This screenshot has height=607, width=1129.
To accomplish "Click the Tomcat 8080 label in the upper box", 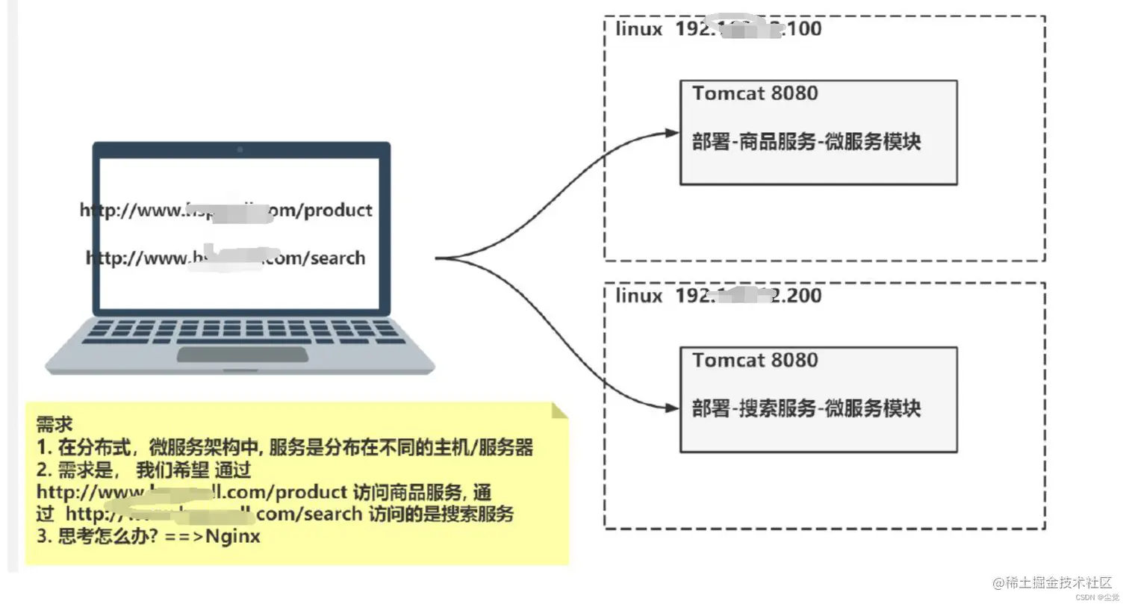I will [755, 93].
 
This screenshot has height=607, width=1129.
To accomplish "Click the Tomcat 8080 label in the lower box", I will [755, 360].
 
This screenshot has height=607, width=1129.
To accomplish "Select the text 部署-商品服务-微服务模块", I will [806, 141].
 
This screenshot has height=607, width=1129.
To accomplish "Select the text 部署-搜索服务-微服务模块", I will [806, 408].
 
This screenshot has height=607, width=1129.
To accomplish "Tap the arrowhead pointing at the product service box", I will [672, 133].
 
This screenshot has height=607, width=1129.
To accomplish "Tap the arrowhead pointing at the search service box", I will [672, 408].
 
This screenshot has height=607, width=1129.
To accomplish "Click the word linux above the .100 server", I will [638, 29].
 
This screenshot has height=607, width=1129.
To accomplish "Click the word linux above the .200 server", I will [638, 296].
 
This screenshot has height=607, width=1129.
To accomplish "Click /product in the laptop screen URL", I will [336, 211].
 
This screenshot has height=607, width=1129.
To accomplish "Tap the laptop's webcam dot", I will [240, 149].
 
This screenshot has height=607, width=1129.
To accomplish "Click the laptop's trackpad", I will [242, 354].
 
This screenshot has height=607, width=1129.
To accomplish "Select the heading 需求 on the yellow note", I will [55, 424].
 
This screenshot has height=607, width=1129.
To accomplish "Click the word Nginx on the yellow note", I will [232, 536].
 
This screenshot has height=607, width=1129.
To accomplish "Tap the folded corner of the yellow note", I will [559, 410].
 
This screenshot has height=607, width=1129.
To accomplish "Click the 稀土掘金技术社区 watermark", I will [1052, 582].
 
